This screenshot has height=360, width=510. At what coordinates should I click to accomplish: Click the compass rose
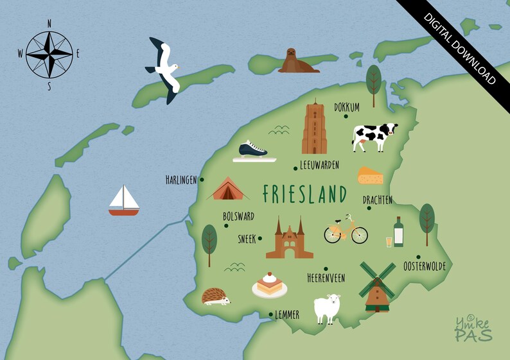[49, 54]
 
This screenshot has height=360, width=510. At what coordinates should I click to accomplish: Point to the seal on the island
[295, 61]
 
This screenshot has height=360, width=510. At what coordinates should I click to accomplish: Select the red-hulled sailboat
[124, 201]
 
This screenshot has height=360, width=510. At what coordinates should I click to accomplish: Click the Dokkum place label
[347, 107]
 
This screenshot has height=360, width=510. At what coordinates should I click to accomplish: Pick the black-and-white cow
[374, 136]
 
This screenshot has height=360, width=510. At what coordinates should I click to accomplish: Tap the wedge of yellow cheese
[370, 175]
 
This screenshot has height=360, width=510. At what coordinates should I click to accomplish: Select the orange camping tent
[227, 189]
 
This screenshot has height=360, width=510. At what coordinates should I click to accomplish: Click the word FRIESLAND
[304, 194]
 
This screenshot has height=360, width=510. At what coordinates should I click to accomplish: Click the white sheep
[326, 308]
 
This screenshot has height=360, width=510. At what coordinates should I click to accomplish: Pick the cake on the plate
[269, 284]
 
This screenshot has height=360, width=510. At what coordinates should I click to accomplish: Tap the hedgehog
[216, 296]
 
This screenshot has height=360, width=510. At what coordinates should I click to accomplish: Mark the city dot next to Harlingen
[202, 180]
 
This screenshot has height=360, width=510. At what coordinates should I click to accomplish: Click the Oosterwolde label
[424, 266]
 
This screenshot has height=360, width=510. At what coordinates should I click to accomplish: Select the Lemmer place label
[286, 315]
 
